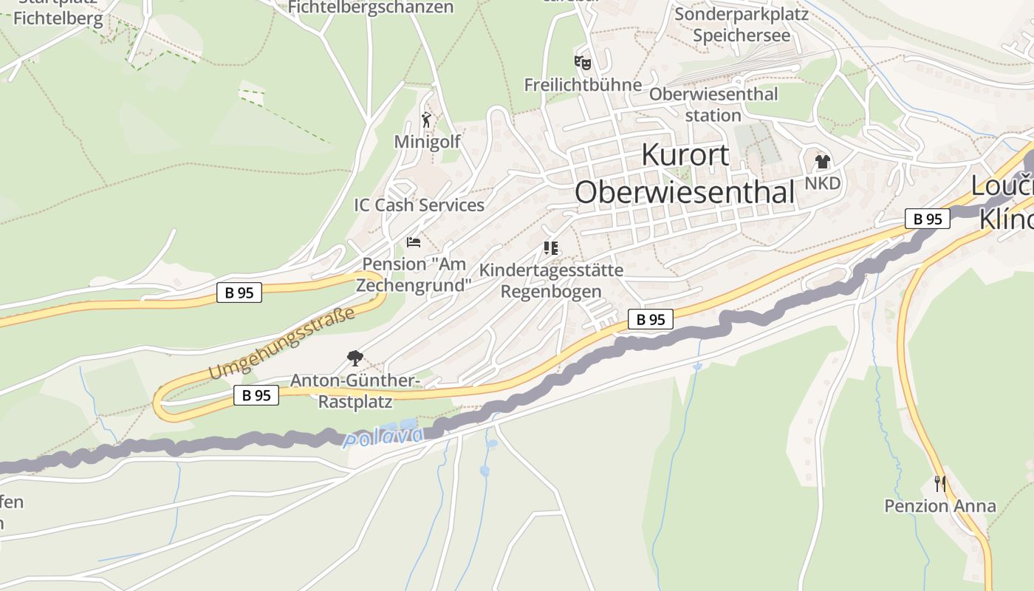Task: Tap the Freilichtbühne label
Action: (x=583, y=85)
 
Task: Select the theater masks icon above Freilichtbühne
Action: (x=583, y=63)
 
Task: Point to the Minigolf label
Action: (x=427, y=142)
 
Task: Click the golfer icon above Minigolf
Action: (x=426, y=120)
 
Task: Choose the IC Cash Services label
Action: (x=419, y=205)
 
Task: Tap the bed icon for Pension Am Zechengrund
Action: (x=414, y=242)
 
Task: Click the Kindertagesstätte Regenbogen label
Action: (x=551, y=281)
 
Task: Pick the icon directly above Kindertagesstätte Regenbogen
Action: (x=550, y=247)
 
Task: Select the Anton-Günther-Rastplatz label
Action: (x=355, y=391)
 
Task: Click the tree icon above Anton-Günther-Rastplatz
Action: (x=355, y=358)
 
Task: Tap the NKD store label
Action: (x=823, y=183)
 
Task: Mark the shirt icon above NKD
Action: (x=822, y=161)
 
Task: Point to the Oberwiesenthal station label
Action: (x=713, y=105)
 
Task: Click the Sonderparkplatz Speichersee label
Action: (x=742, y=24)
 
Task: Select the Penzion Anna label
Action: (x=940, y=506)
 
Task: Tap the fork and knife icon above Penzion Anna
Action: (x=940, y=484)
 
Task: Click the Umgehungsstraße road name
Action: (x=281, y=344)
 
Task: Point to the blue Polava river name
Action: (x=384, y=437)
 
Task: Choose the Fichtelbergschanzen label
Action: (x=371, y=7)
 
